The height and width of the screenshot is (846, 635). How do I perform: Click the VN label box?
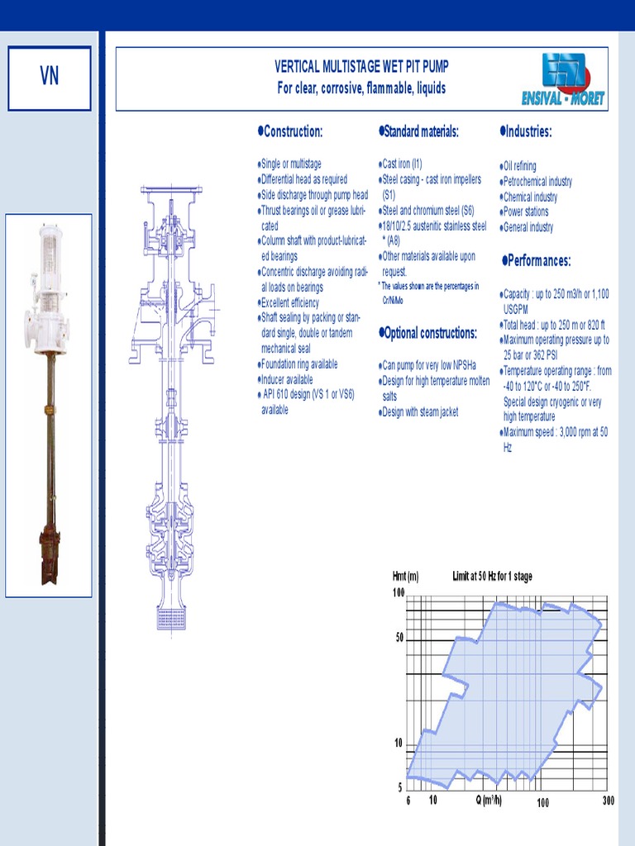[49, 78]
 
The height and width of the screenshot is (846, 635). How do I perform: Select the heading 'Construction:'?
[290, 132]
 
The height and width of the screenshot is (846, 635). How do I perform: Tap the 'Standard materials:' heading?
[419, 132]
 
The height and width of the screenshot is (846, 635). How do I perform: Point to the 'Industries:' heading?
[527, 132]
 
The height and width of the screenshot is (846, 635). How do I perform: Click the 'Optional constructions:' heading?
[428, 334]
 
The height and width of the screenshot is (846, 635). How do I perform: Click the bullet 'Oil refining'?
[518, 166]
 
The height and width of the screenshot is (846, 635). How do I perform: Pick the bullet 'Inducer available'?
[286, 379]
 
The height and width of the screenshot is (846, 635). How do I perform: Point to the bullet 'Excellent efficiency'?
[289, 303]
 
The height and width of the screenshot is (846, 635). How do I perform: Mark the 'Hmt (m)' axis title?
[405, 577]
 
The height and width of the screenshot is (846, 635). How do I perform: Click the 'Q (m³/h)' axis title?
[488, 800]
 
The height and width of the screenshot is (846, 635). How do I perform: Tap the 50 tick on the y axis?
[399, 638]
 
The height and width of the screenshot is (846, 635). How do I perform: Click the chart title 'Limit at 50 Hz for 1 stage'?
[493, 577]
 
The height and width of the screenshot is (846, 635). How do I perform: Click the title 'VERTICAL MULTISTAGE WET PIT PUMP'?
[361, 67]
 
